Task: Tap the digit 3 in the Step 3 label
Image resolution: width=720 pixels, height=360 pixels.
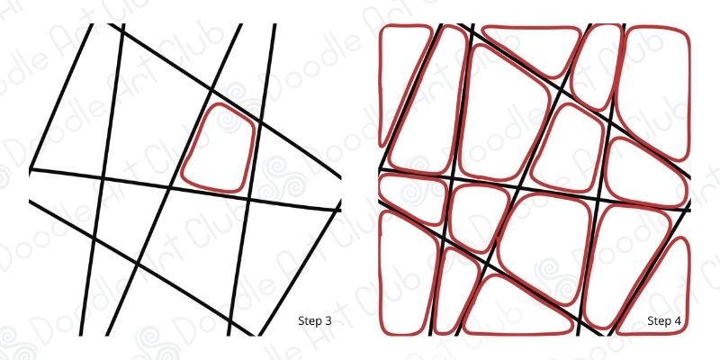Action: coord(328,320)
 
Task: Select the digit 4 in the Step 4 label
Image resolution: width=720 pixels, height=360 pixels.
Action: coord(677,320)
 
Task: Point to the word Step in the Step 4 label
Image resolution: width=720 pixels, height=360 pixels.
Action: coord(657,320)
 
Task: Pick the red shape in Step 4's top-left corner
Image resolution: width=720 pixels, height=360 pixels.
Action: coord(380,83)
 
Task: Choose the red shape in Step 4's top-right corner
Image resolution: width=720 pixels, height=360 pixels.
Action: coord(689,92)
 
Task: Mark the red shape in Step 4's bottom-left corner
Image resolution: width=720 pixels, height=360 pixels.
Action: coord(380,275)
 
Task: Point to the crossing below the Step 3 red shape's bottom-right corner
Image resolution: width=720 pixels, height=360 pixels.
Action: coord(248,199)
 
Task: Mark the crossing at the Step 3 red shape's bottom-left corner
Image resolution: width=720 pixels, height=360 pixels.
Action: coord(170,187)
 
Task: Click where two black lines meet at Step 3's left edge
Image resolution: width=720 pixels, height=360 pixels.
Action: coord(31,170)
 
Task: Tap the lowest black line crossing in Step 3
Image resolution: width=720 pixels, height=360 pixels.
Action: coord(230,322)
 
